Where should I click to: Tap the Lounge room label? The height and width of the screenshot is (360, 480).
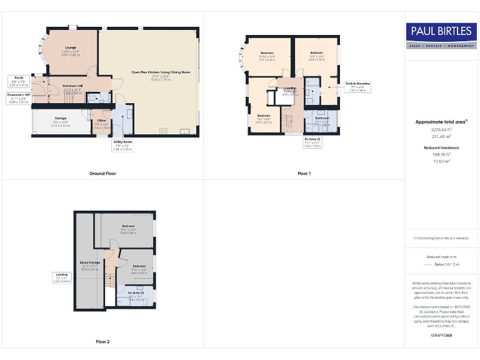[x=70, y=52]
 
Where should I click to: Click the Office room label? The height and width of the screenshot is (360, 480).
[x=101, y=124]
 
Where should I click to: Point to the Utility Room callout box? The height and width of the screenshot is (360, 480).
[x=122, y=145]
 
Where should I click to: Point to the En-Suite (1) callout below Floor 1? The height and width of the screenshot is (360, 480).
[x=312, y=142]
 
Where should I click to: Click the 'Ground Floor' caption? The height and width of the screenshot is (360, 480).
[x=102, y=173]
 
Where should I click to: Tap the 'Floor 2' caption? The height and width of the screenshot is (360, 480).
[x=102, y=341]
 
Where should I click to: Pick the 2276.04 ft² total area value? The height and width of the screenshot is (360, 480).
[x=441, y=130]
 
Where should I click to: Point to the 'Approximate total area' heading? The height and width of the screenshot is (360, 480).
[x=441, y=122]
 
